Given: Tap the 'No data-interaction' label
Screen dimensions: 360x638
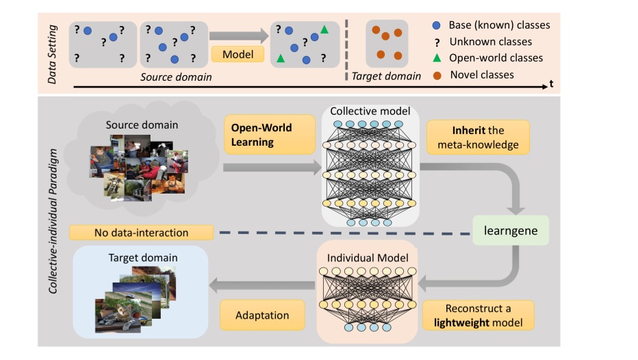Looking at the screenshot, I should tap(142, 233).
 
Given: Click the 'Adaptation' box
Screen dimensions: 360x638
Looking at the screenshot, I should tap(262, 316).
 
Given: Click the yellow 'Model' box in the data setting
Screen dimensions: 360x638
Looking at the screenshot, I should tap(238, 55).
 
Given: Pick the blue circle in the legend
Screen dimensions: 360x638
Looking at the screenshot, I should tap(437, 25).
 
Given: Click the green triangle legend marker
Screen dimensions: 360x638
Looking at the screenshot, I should tap(437, 57).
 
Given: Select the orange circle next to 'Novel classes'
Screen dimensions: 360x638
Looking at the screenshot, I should tap(437, 74).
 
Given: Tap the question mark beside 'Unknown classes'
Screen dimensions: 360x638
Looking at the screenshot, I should tap(437, 42).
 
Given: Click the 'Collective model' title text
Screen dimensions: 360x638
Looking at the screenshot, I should tap(370, 111).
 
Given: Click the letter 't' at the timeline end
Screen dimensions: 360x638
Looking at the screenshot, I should tap(550, 85).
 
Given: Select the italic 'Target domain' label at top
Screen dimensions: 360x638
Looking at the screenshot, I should tap(386, 76).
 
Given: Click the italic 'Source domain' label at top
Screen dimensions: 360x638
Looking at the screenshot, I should tap(176, 77).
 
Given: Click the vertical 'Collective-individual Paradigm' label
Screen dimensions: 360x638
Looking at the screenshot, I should tap(53, 220).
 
